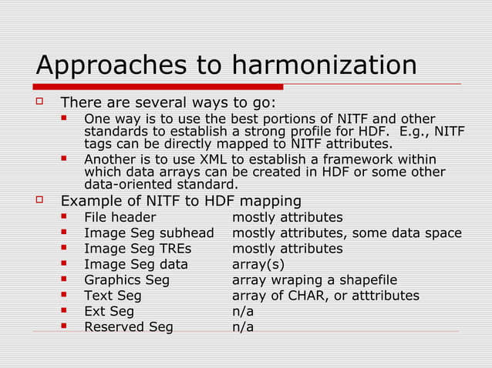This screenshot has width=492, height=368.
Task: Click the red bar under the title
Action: [x=159, y=86]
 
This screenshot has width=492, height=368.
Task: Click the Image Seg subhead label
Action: [x=149, y=233]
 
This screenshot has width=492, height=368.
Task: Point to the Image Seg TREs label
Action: [x=137, y=249]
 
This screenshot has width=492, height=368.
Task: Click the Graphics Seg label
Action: [x=126, y=280]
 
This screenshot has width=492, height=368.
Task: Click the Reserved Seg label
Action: [x=128, y=327]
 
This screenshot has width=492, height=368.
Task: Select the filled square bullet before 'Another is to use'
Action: [x=66, y=159]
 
